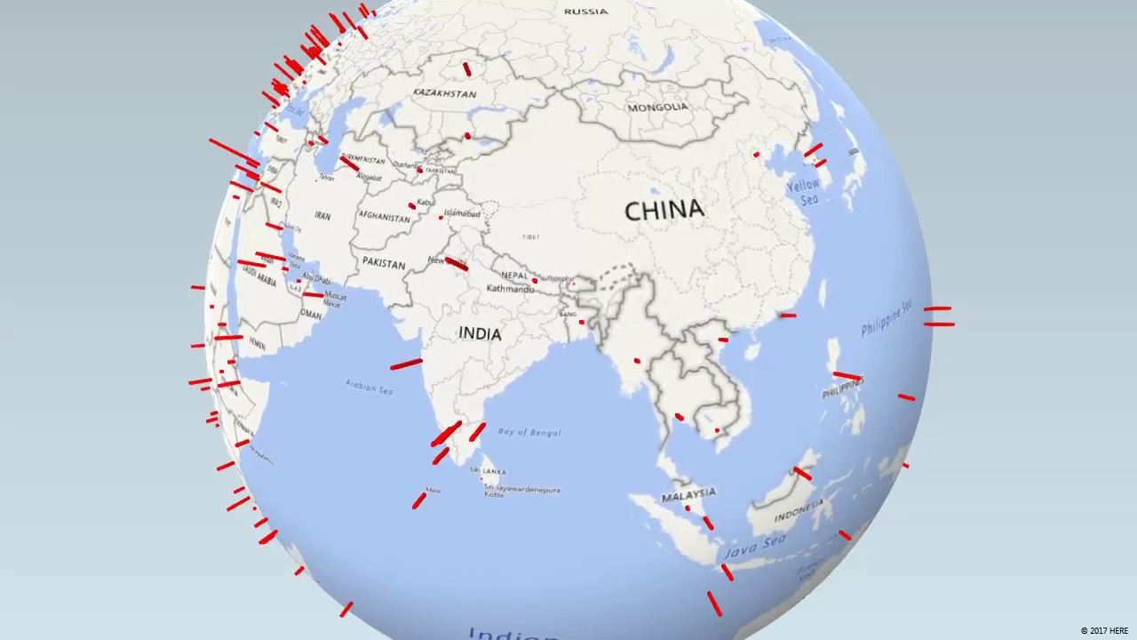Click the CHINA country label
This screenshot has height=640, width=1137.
tap(664, 211)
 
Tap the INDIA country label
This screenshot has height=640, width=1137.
tap(480, 333)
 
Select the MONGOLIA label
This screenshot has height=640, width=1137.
tap(657, 108)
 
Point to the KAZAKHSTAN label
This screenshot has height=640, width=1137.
tap(444, 92)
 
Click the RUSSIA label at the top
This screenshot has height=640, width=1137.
tap(586, 12)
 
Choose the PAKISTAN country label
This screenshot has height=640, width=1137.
tap(384, 263)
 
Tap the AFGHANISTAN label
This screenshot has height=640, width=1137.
tap(385, 215)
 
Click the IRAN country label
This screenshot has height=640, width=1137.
tap(322, 216)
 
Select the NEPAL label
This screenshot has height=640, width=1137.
tap(514, 276)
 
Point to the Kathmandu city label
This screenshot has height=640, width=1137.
tap(510, 289)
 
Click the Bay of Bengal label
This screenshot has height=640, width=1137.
tap(529, 432)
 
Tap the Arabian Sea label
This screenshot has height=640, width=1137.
tap(369, 388)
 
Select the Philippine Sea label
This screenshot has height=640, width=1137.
tap(886, 318)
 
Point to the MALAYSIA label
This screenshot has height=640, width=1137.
tap(688, 493)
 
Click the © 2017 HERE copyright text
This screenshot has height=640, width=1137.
tap(1104, 631)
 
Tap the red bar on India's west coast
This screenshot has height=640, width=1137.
tap(406, 364)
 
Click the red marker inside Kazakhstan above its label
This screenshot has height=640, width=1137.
tap(467, 68)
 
